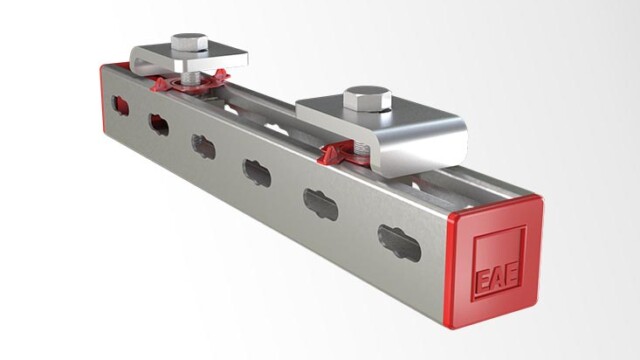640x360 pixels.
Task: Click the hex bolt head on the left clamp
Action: coord(189,42)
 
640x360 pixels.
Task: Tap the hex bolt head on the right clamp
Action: coord(367,98)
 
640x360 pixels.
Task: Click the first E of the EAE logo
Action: coord(483,280)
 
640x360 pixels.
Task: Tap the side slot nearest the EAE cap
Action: coord(399,243)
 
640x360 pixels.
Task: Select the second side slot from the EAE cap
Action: coord(321,205)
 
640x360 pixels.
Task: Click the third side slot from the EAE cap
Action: coord(257,173)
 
